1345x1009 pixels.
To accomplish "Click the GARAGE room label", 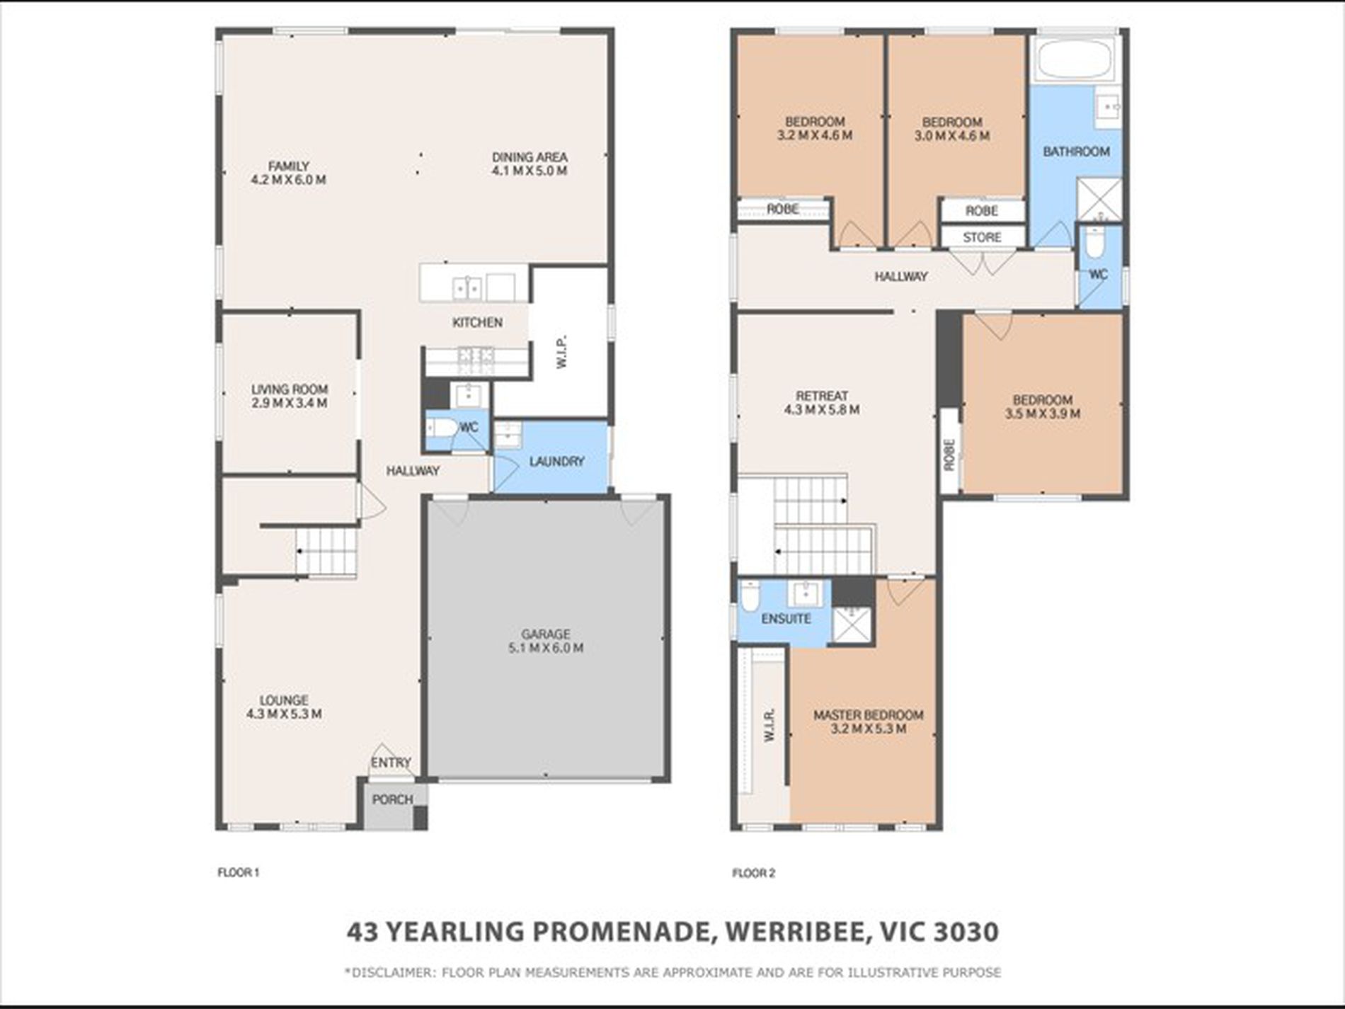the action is pos(545,634).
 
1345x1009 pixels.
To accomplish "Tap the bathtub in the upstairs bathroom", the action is pos(1073,58).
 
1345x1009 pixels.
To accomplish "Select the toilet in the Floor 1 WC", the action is pos(440,428).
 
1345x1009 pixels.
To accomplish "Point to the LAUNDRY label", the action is pos(556,462).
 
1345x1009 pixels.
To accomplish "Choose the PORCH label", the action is pos(392,799).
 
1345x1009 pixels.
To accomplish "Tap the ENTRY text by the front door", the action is pos(391,763).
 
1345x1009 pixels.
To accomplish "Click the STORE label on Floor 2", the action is pos(982,237).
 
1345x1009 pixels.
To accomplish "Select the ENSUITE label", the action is pos(786,619).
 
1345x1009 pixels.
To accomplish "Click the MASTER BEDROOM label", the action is pos(868,715).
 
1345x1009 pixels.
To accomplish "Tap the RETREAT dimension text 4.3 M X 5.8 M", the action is pos(822,409).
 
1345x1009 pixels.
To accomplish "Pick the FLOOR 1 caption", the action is pos(238,873).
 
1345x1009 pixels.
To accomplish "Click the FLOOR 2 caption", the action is pos(753,873).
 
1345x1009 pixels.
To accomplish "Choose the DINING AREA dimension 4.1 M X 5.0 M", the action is pos(530,171).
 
